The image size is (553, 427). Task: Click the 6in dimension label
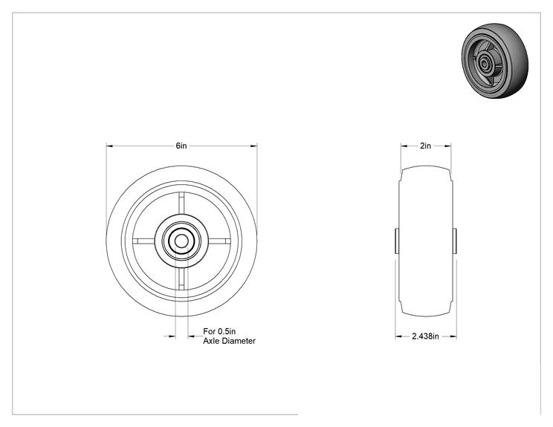click(x=181, y=146)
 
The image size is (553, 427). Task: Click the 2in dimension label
click(x=425, y=146)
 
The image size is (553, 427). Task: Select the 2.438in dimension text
click(x=425, y=336)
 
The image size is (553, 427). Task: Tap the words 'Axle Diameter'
click(x=229, y=341)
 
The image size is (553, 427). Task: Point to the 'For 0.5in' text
click(x=219, y=331)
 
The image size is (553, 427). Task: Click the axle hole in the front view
click(x=181, y=241)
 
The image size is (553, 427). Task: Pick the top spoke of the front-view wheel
click(x=181, y=203)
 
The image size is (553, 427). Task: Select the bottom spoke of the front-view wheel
click(x=181, y=279)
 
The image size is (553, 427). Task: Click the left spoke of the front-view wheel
click(x=144, y=241)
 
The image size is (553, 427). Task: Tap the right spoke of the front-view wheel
click(x=219, y=241)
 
